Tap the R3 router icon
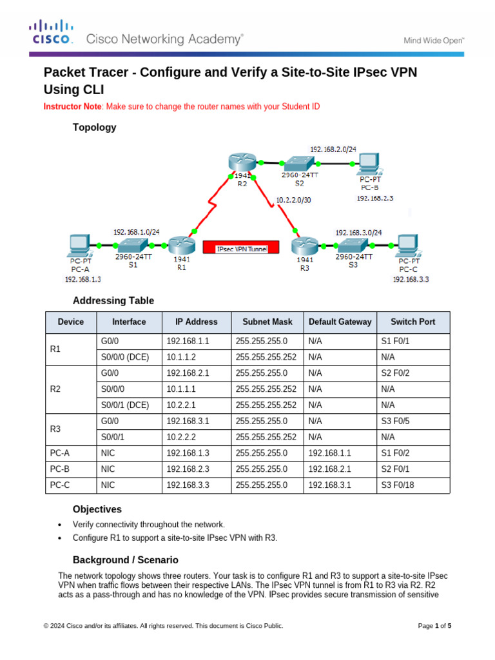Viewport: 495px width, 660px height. click(x=305, y=246)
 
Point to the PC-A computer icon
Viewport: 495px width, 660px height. click(x=80, y=245)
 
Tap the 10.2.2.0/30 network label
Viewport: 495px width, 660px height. click(x=294, y=200)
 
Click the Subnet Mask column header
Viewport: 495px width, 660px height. click(x=267, y=322)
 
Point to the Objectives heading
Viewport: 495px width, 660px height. click(x=97, y=509)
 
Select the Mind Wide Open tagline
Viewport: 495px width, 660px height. click(x=434, y=40)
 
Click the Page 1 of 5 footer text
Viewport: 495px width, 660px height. click(x=435, y=625)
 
